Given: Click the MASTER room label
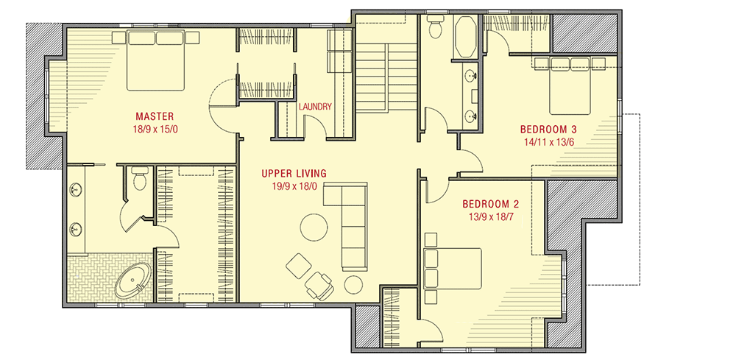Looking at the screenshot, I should tap(154, 116).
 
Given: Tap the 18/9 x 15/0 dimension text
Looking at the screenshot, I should tap(154, 130).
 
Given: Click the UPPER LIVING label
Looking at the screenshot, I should tap(294, 174).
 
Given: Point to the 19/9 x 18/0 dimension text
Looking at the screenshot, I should tap(294, 187).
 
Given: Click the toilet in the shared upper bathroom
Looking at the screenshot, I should tap(435, 27).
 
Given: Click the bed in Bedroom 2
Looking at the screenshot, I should tap(453, 268).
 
